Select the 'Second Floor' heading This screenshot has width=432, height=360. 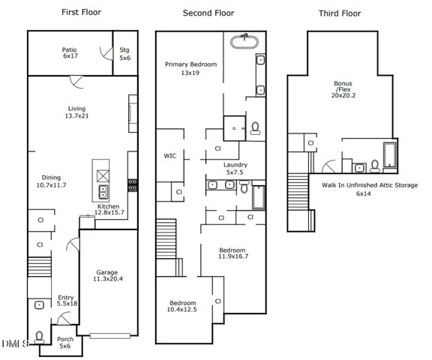point(208,13)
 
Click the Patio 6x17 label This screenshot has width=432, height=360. point(69,53)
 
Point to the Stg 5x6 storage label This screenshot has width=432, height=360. point(124,53)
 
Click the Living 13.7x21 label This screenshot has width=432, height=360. point(77,112)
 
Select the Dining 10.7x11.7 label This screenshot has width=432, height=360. point(51,180)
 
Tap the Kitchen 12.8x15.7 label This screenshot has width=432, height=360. point(109,210)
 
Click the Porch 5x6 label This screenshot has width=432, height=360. point(65,342)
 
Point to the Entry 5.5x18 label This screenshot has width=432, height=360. point(65,302)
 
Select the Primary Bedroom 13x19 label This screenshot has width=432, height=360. point(190,69)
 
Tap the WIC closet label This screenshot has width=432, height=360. point(170,156)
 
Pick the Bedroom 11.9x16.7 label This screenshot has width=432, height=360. point(233,253)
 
